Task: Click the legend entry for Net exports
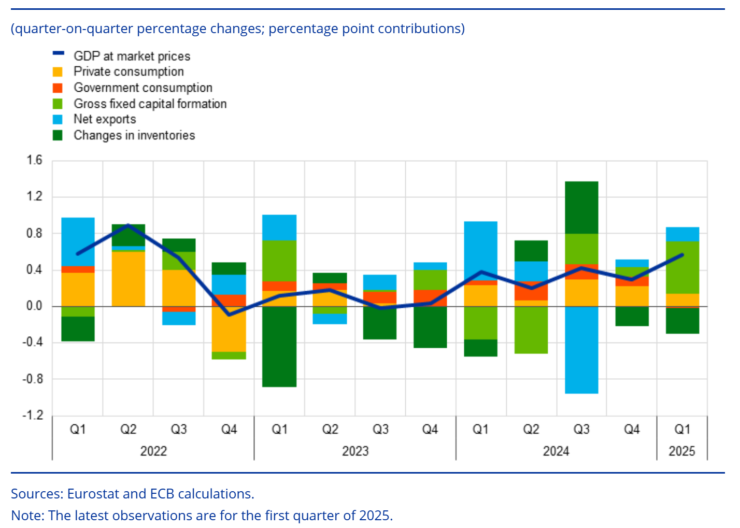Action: (104, 119)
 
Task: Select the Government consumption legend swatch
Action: (58, 88)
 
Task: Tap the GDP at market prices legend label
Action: (132, 56)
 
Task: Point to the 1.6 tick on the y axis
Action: (35, 160)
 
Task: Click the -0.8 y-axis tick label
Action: (33, 379)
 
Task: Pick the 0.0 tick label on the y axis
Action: (35, 306)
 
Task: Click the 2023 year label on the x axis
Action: (355, 451)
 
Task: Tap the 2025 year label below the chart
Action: (681, 451)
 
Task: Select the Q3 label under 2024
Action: (581, 429)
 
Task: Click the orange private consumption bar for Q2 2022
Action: (129, 279)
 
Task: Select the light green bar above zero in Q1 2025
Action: (682, 267)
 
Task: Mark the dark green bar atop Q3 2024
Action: (581, 207)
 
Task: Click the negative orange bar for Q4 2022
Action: (229, 329)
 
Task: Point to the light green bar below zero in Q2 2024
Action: (531, 330)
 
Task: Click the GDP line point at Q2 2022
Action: (129, 225)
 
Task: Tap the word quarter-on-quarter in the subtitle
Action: (75, 28)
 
